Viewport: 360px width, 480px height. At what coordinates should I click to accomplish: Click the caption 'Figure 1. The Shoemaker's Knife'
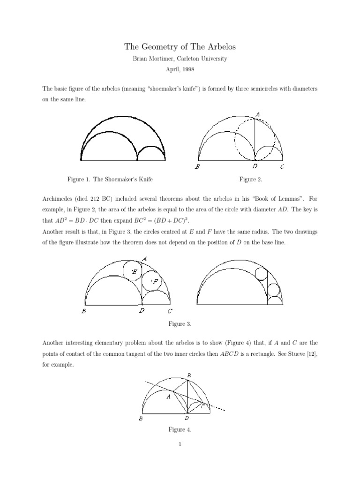pyautogui.click(x=110, y=179)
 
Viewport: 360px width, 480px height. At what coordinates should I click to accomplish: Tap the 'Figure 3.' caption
pyautogui.click(x=180, y=323)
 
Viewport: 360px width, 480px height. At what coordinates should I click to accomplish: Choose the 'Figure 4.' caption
pyautogui.click(x=180, y=429)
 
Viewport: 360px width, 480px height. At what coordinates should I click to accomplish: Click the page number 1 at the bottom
pyautogui.click(x=180, y=445)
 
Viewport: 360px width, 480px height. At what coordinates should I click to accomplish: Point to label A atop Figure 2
pyautogui.click(x=257, y=113)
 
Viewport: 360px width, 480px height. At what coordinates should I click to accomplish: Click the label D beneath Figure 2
pyautogui.click(x=255, y=166)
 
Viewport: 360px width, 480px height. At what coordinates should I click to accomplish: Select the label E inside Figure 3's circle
pyautogui.click(x=135, y=271)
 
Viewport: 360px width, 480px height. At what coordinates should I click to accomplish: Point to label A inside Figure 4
pyautogui.click(x=168, y=397)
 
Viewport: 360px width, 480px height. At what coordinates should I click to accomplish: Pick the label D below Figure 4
pyautogui.click(x=187, y=418)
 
